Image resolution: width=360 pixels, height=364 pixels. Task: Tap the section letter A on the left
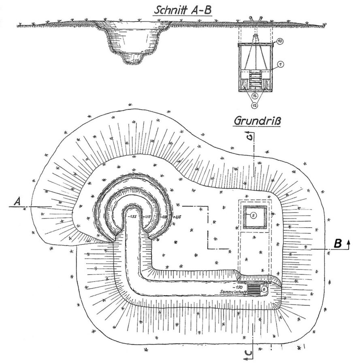point(17,201)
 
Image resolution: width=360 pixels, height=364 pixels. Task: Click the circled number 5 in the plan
point(253,214)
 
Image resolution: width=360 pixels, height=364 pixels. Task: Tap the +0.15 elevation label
point(177,216)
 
